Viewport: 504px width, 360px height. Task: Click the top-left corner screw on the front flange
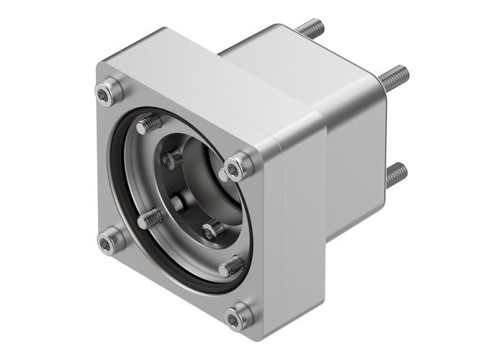[108, 91]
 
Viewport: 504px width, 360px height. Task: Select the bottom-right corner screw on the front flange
[238, 315]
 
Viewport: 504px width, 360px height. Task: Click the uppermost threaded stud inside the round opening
[150, 125]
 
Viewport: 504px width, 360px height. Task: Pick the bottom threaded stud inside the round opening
[231, 266]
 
